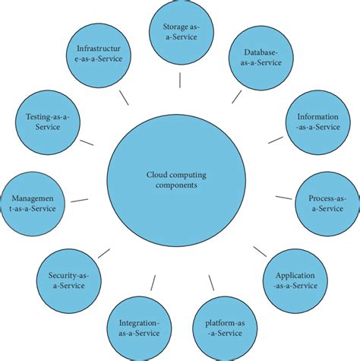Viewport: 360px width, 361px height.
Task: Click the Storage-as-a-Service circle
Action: (179, 33)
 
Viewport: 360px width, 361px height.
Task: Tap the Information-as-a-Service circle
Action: (317, 122)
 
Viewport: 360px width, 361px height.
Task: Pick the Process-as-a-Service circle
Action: (327, 203)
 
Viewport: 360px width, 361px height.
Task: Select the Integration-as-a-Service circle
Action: (139, 328)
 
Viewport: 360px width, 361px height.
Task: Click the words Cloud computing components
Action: (176, 179)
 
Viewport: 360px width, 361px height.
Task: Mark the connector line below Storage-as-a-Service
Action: (180, 79)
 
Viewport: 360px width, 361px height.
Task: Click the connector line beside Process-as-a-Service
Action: (283, 198)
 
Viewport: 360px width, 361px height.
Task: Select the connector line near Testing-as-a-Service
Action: (87, 141)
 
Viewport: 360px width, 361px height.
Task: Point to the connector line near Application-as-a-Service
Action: (260, 252)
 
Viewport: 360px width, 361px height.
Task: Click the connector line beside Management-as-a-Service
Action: (78, 201)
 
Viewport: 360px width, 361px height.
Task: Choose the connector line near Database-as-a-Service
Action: (237, 97)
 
